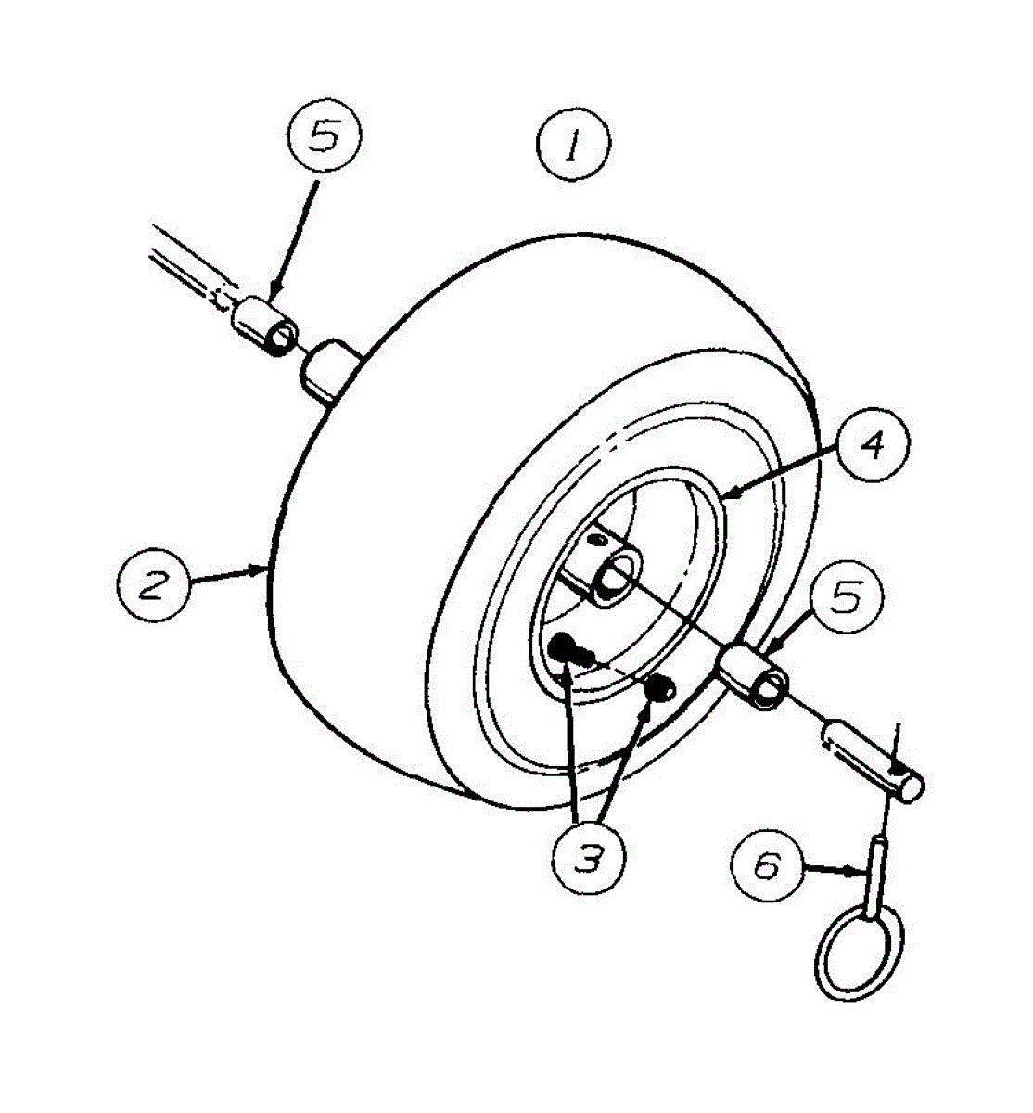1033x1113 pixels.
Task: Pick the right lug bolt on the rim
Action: tap(660, 687)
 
